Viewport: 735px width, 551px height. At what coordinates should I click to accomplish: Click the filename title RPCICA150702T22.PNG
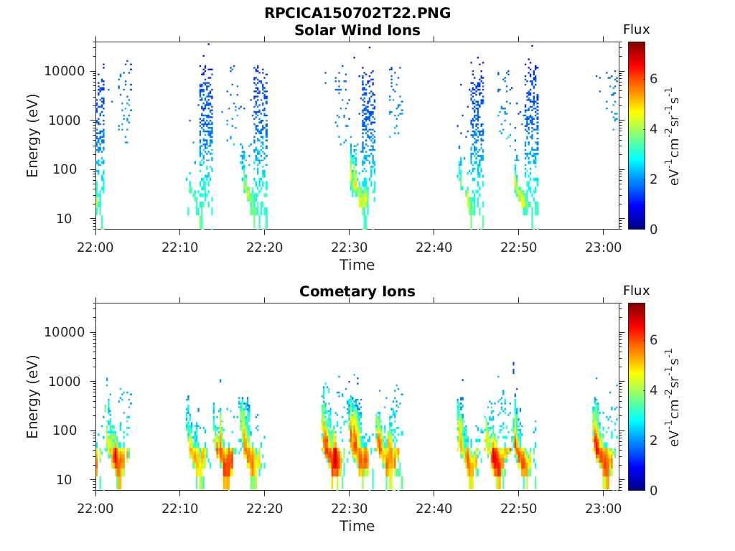coord(357,13)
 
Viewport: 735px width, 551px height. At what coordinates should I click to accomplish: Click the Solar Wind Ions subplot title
coord(357,30)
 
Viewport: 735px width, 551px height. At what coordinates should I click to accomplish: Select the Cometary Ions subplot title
coord(357,291)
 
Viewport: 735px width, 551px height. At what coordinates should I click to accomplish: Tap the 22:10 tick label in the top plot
coord(180,248)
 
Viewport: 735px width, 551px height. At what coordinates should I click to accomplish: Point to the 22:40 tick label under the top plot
coord(434,248)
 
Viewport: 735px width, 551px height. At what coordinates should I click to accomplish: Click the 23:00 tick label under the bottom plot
coord(603,509)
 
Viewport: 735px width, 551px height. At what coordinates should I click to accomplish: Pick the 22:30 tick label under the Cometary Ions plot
coord(350,509)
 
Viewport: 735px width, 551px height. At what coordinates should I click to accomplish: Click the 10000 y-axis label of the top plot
coord(65,71)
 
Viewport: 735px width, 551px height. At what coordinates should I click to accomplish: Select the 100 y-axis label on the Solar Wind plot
coord(65,169)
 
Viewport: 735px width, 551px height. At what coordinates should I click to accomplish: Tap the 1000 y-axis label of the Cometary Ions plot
coord(65,382)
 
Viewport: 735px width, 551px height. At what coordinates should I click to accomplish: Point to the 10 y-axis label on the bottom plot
coord(64,480)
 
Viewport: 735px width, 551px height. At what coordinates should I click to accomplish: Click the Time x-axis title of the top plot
coord(357,265)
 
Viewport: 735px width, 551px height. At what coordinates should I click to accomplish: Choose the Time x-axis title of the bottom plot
coord(357,526)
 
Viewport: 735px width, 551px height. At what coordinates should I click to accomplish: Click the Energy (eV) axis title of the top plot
coord(32,136)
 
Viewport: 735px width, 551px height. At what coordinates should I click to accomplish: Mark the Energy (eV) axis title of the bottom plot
coord(32,397)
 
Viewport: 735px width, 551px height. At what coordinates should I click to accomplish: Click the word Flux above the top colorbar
coord(636,29)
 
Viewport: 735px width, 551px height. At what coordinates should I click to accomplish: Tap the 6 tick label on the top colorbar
coord(653,79)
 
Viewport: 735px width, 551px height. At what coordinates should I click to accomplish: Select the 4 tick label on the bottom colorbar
coord(653,390)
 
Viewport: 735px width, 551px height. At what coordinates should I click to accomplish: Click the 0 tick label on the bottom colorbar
coord(653,491)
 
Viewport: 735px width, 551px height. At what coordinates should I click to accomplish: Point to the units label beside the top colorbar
coord(673,136)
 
